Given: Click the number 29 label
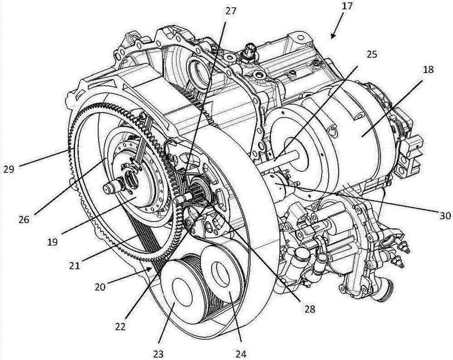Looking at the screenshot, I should point(9,169).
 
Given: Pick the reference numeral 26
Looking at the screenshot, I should point(24,220).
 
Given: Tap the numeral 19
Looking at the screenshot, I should point(52,241).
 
